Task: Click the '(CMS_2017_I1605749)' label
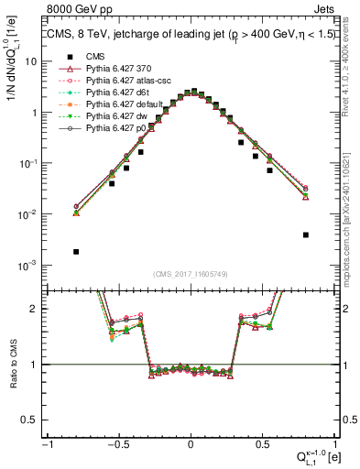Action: click(190, 274)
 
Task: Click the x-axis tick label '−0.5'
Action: click(118, 445)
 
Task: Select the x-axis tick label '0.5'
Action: click(262, 445)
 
